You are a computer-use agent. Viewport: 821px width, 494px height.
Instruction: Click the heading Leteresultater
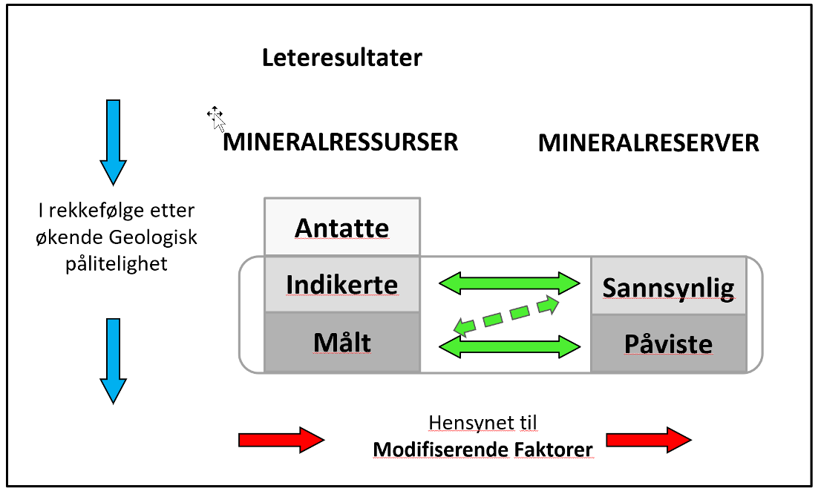click(x=342, y=58)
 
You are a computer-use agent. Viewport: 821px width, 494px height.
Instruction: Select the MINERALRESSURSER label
click(x=340, y=142)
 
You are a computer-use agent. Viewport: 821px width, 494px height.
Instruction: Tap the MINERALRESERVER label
click(x=649, y=143)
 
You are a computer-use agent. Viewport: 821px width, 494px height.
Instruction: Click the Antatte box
click(x=342, y=226)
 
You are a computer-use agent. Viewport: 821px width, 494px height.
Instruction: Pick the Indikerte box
click(x=342, y=284)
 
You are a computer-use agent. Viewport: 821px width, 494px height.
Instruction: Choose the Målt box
click(x=342, y=342)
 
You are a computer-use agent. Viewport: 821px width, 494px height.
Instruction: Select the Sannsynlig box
click(x=669, y=286)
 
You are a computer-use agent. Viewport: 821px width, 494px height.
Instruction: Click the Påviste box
click(x=669, y=344)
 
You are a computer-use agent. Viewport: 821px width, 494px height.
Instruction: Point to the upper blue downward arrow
click(x=113, y=142)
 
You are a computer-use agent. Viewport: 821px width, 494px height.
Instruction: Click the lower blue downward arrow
click(x=113, y=361)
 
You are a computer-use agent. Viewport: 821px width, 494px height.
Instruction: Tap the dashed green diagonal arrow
click(x=506, y=315)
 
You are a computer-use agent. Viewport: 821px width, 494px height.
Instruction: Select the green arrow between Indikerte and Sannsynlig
click(x=509, y=283)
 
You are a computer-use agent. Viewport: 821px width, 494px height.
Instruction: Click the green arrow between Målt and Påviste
click(x=509, y=346)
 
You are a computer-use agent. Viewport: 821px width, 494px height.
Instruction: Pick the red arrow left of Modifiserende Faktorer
click(x=281, y=440)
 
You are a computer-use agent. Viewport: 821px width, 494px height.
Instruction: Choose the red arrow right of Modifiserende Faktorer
click(x=649, y=440)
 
